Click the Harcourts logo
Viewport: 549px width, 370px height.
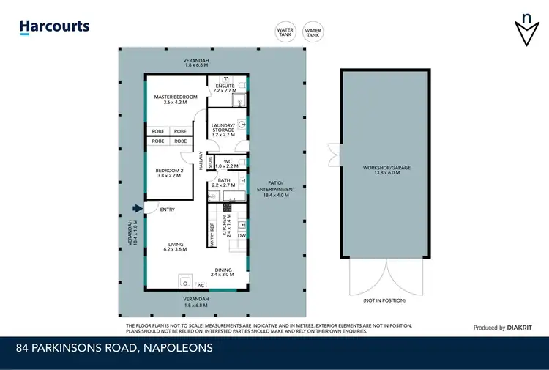point(54,27)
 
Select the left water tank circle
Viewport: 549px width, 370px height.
point(285,32)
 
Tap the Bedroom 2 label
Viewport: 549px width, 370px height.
point(169,172)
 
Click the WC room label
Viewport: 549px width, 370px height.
point(228,163)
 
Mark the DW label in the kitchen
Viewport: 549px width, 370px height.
point(242,235)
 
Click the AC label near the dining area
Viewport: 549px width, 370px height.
point(200,285)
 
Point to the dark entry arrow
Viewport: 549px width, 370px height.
point(136,210)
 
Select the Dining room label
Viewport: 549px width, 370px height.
point(222,271)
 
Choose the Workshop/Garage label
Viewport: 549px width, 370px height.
point(386,170)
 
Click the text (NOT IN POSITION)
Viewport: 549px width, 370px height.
point(384,300)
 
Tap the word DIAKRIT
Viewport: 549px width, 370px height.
point(522,328)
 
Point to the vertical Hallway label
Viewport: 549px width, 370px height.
point(201,162)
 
